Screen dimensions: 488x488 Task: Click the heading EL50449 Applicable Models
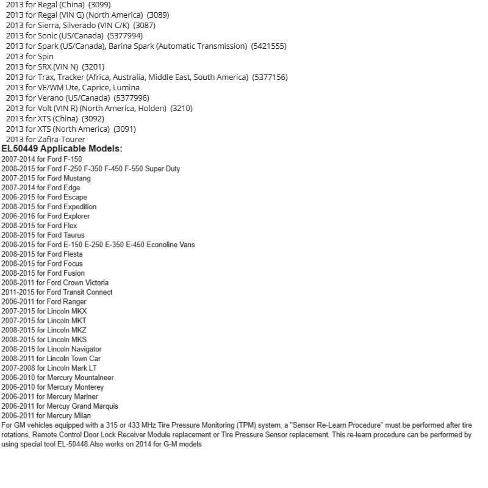click(x=62, y=149)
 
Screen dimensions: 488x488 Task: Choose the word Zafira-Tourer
click(x=62, y=139)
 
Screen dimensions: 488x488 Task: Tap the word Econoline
click(x=162, y=245)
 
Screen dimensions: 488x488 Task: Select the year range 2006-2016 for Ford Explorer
click(x=17, y=216)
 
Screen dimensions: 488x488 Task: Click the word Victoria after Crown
click(x=96, y=282)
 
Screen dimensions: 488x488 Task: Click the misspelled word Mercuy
click(x=59, y=406)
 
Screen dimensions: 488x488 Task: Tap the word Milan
click(x=82, y=415)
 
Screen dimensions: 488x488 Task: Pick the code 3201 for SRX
click(x=93, y=67)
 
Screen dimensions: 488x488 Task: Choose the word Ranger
click(x=74, y=301)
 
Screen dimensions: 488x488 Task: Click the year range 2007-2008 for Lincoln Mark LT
click(x=17, y=368)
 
